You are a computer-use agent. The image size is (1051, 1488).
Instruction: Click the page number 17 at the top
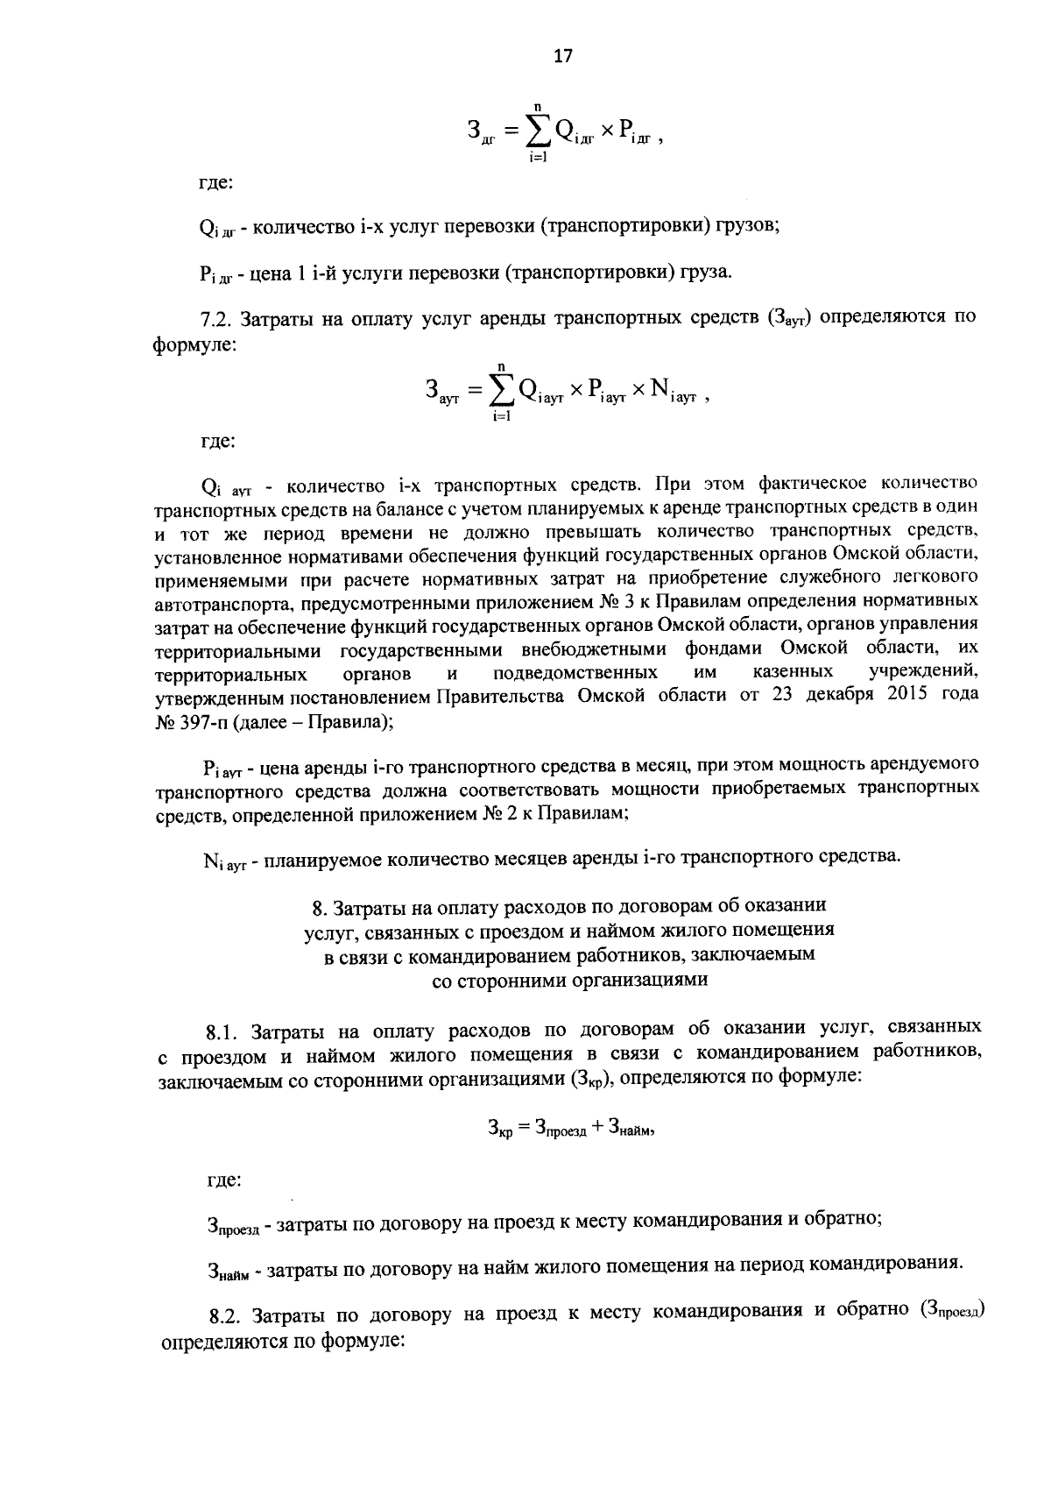[x=562, y=57]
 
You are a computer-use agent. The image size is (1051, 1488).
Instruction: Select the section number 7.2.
[x=215, y=318]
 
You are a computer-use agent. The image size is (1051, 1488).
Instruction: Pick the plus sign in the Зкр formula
[x=597, y=1128]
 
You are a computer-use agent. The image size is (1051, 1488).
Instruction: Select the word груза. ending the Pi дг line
[x=703, y=273]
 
